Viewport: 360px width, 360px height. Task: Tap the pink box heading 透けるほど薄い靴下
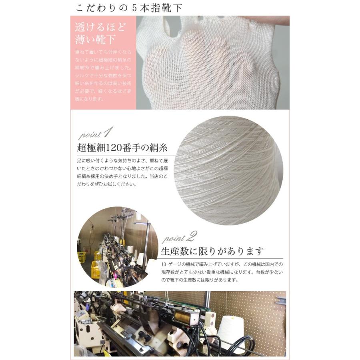100,34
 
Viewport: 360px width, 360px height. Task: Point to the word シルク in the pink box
81,75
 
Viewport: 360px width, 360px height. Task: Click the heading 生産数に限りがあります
212,252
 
